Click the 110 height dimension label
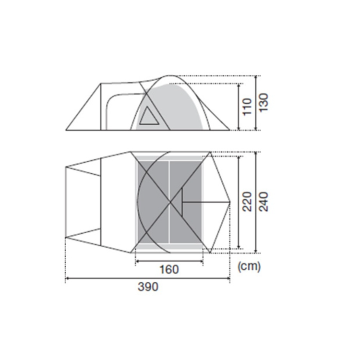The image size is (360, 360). [247, 107]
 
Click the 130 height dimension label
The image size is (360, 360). [264, 102]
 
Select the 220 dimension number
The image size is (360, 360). [247, 202]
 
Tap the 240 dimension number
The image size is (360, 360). [264, 202]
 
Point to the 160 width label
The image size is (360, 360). [169, 269]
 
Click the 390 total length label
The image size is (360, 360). [148, 287]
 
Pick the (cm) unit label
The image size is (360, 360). [249, 266]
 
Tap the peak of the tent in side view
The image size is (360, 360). [170, 75]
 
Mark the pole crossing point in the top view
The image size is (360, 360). [170, 202]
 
